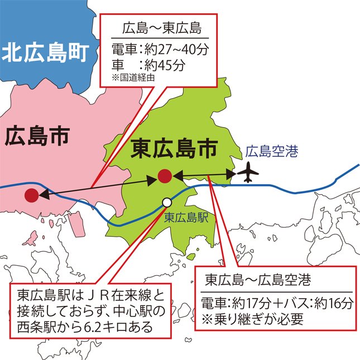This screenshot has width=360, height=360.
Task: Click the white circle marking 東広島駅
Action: click(166, 203)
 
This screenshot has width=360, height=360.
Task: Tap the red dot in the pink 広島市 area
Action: click(32, 195)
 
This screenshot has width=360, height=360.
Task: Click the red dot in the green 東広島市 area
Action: click(164, 176)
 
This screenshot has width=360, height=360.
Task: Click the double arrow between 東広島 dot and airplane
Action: click(204, 175)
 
